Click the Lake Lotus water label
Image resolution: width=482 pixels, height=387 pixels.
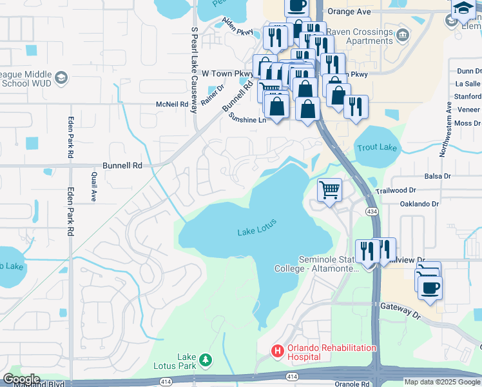[257, 227]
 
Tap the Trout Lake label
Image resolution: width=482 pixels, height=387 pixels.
[377, 148]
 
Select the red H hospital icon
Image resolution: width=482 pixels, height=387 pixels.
[277, 352]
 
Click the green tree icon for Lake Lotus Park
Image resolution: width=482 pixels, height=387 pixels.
[205, 359]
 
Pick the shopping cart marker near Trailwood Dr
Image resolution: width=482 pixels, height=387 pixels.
[329, 190]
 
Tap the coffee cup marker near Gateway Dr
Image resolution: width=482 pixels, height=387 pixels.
[430, 287]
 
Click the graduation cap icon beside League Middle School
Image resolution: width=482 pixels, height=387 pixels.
[61, 79]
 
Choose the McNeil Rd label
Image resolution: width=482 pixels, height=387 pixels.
[171, 104]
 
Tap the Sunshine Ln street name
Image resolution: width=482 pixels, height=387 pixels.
[247, 119]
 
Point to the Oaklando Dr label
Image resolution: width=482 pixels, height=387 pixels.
[419, 203]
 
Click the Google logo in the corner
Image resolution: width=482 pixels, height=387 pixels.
[21, 379]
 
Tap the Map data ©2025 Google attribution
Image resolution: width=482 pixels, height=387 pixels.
[442, 382]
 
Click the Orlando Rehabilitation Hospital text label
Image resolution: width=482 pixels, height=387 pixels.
[331, 352]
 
